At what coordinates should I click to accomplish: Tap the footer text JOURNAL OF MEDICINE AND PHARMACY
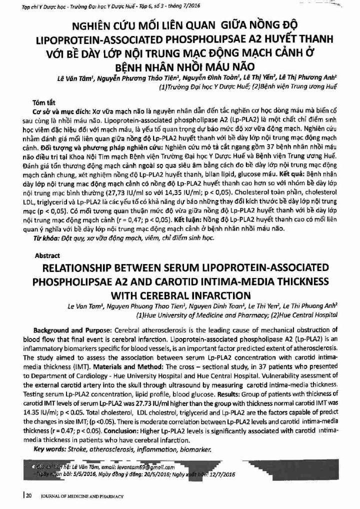(x=82, y=496)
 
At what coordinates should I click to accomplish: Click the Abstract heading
(x=47, y=255)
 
